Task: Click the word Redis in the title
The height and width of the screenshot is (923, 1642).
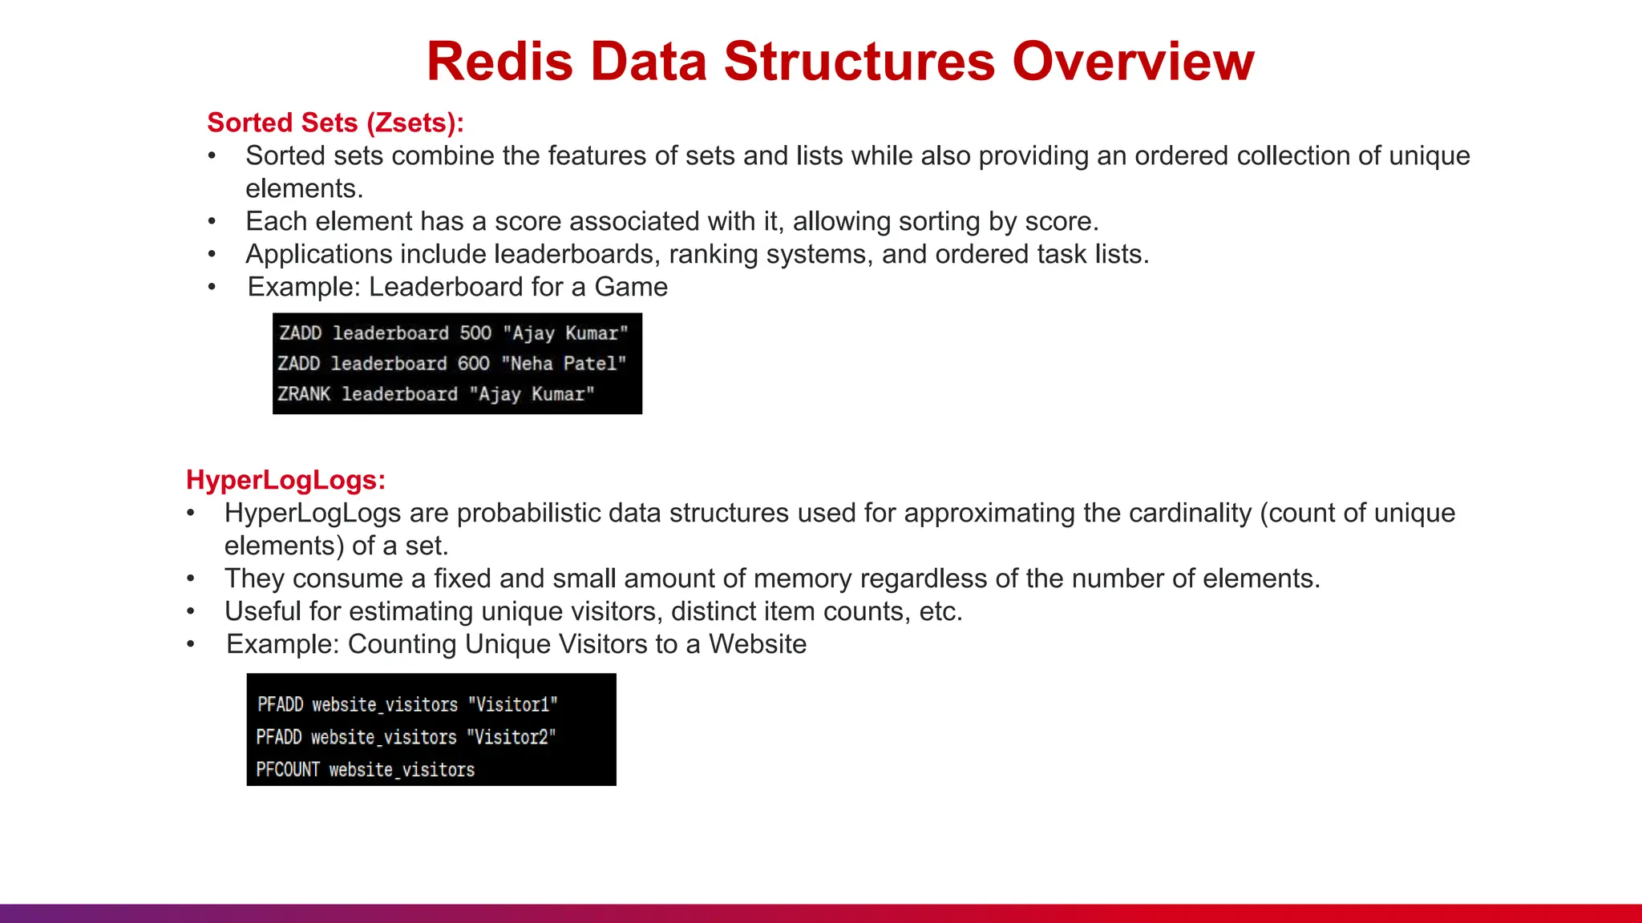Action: click(499, 62)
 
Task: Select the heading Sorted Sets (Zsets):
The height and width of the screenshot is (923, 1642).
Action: click(335, 123)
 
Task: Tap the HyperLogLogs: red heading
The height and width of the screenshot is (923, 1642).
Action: click(285, 480)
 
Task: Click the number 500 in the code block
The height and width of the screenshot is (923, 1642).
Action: click(475, 333)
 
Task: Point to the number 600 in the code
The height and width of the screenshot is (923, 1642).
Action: click(473, 364)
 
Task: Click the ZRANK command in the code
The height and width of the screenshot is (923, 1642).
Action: click(304, 394)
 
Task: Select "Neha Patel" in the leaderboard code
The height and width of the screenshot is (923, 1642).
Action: click(564, 364)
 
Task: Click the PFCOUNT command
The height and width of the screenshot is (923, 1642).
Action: click(288, 770)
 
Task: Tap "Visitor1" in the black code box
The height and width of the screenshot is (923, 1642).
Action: click(512, 705)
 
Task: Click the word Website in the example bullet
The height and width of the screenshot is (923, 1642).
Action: click(758, 644)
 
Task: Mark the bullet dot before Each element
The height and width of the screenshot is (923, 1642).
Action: click(212, 221)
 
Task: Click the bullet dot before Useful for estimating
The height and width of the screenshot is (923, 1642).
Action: click(191, 611)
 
